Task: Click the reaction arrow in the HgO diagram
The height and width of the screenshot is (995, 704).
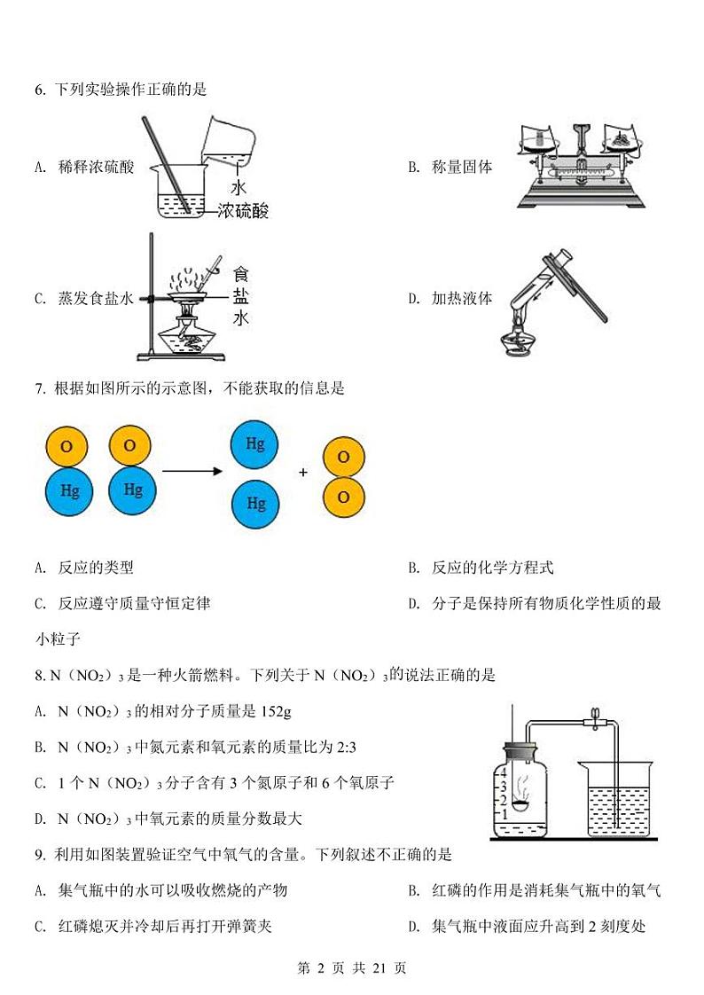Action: point(191,472)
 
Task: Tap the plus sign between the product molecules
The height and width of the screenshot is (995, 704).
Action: point(303,473)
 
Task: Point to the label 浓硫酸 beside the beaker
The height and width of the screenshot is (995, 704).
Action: point(242,210)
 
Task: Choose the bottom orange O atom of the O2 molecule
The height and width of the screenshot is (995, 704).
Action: point(344,497)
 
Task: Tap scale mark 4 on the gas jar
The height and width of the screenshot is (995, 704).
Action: point(504,772)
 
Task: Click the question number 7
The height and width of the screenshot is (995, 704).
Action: point(39,388)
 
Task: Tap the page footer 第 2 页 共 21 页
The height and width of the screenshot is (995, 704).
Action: point(351,968)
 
